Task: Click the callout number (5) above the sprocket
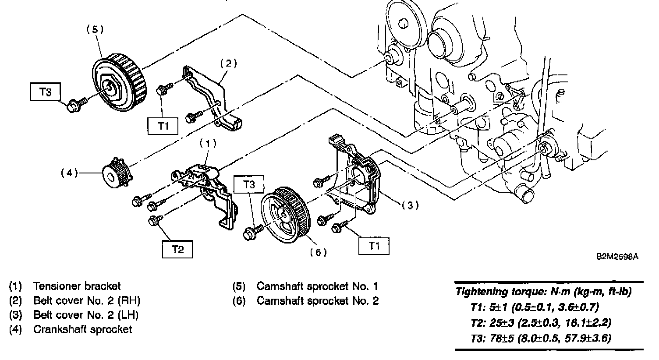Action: pyautogui.click(x=95, y=29)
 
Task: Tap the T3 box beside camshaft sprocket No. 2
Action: pyautogui.click(x=249, y=184)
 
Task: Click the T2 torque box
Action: pyautogui.click(x=177, y=249)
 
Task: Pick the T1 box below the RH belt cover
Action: pyautogui.click(x=163, y=126)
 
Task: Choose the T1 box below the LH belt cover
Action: pyautogui.click(x=374, y=246)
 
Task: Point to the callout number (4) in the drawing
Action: pyautogui.click(x=69, y=173)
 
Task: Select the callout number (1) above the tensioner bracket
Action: pyautogui.click(x=208, y=143)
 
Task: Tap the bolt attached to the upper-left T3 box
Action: pyautogui.click(x=74, y=105)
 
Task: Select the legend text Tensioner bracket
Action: pyautogui.click(x=77, y=286)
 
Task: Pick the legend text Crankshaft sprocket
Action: pyautogui.click(x=82, y=329)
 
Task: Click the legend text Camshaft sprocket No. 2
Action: pyautogui.click(x=317, y=301)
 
